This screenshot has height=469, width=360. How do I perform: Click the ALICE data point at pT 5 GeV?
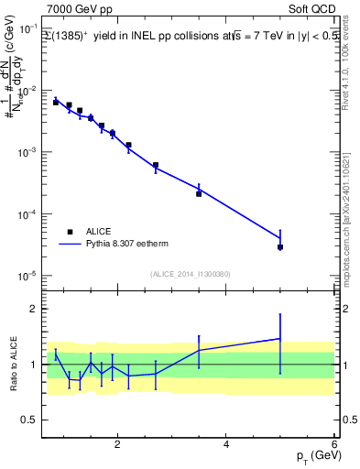pos(279,247)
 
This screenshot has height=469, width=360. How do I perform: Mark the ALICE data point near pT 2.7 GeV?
pos(156,166)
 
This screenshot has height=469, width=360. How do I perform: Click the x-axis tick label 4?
pos(226,445)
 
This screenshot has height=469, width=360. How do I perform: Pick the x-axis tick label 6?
pos(333,445)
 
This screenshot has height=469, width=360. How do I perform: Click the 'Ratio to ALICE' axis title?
pos(13,365)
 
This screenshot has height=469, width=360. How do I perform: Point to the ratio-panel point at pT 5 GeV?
pos(279,339)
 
